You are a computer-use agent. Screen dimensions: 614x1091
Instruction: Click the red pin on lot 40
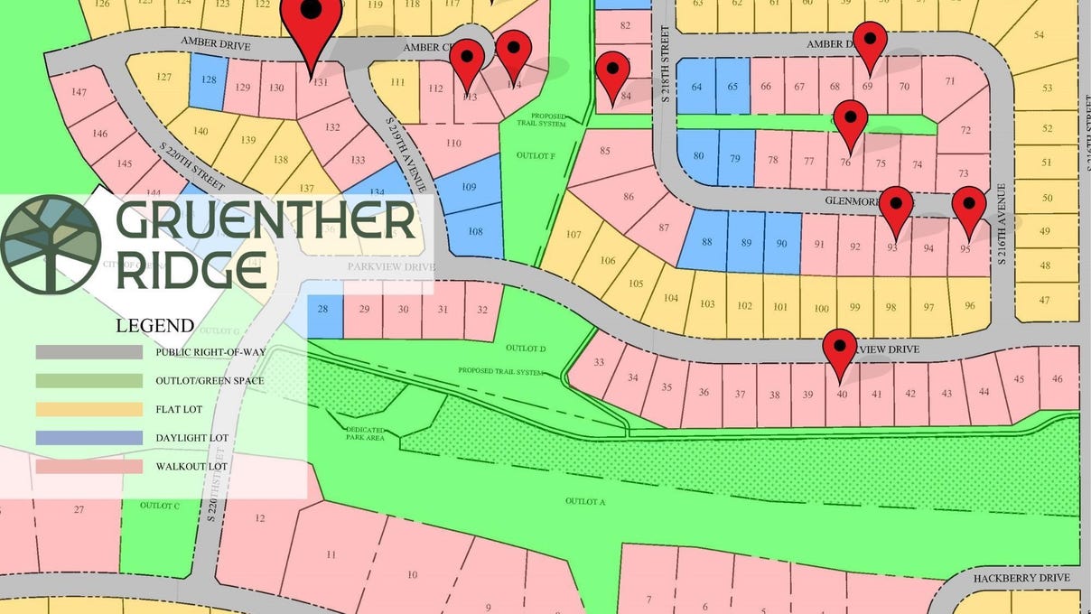[x=840, y=349]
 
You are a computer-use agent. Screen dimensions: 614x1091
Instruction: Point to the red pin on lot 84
[x=612, y=71]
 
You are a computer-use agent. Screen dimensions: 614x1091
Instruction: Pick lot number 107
[x=573, y=235]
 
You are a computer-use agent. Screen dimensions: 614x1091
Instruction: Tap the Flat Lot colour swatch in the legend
[x=89, y=409]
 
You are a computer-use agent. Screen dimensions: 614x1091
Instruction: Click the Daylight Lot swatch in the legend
[x=89, y=438]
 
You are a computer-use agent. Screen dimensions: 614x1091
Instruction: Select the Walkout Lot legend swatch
[x=89, y=467]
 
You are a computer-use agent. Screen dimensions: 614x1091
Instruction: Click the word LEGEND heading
[x=154, y=326]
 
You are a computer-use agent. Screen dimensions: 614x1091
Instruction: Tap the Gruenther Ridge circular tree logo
[x=50, y=245]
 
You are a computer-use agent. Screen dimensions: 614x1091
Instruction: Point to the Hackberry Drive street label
[x=1021, y=578]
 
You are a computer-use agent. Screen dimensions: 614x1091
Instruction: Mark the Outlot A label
[x=584, y=501]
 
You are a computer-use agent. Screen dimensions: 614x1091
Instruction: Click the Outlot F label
[x=536, y=155]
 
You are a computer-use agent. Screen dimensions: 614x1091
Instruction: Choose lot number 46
[x=1058, y=379]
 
